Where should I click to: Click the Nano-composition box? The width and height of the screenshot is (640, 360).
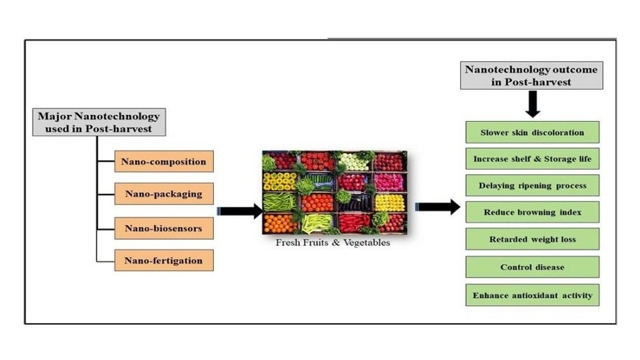click(x=164, y=161)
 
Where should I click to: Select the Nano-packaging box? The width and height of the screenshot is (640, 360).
click(x=164, y=194)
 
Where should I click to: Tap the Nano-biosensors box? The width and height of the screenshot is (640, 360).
click(x=164, y=228)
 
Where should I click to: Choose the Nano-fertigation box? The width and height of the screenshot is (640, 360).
click(x=164, y=260)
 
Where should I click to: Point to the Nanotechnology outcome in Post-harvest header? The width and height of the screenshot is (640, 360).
click(x=531, y=75)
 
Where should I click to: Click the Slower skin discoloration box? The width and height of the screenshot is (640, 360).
click(x=532, y=133)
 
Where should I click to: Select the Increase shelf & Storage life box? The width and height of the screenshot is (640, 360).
click(x=532, y=159)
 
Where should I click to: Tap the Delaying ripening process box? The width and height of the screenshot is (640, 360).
click(x=532, y=186)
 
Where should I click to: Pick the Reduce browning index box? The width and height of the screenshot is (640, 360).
click(x=532, y=212)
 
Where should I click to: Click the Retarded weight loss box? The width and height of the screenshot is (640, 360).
click(x=532, y=239)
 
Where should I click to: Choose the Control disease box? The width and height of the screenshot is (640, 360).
click(x=532, y=267)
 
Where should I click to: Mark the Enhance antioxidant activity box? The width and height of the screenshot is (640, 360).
click(x=532, y=296)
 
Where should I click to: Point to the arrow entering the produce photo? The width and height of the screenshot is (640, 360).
click(x=239, y=211)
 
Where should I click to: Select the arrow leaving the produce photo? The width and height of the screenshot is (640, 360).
click(x=438, y=207)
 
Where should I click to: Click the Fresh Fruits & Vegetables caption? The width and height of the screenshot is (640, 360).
click(x=332, y=243)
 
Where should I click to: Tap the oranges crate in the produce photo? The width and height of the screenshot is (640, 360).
click(x=279, y=223)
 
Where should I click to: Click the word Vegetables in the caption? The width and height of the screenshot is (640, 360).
click(x=366, y=243)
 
